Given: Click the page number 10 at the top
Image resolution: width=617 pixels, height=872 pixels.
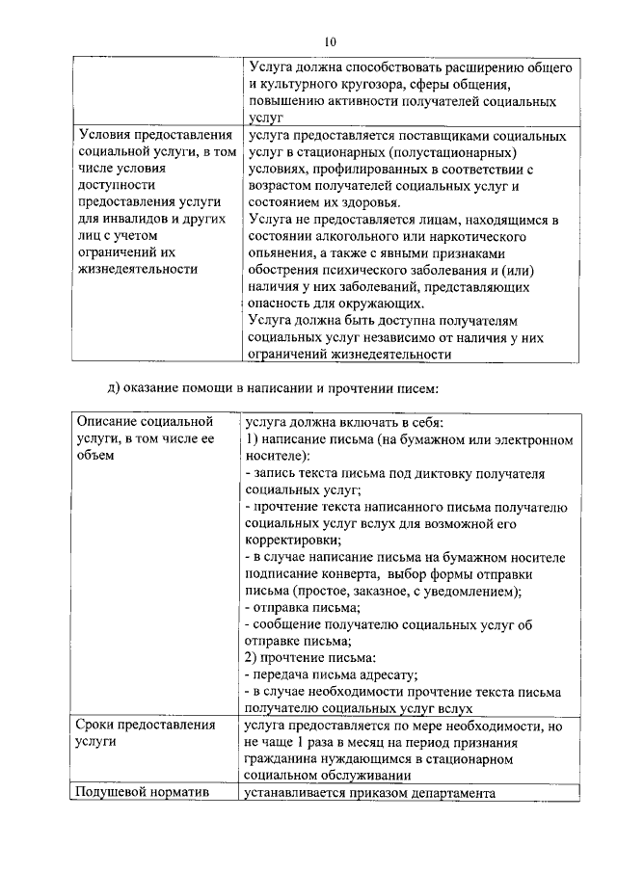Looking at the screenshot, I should point(331,41).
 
